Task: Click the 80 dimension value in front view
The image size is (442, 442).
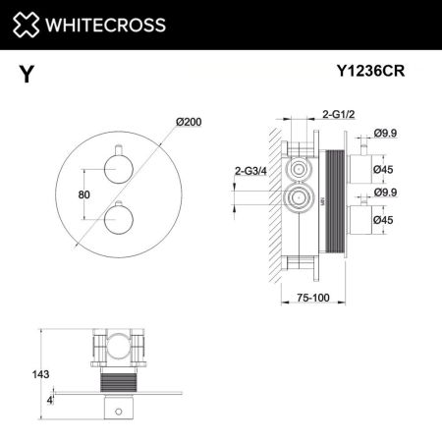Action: (83, 193)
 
